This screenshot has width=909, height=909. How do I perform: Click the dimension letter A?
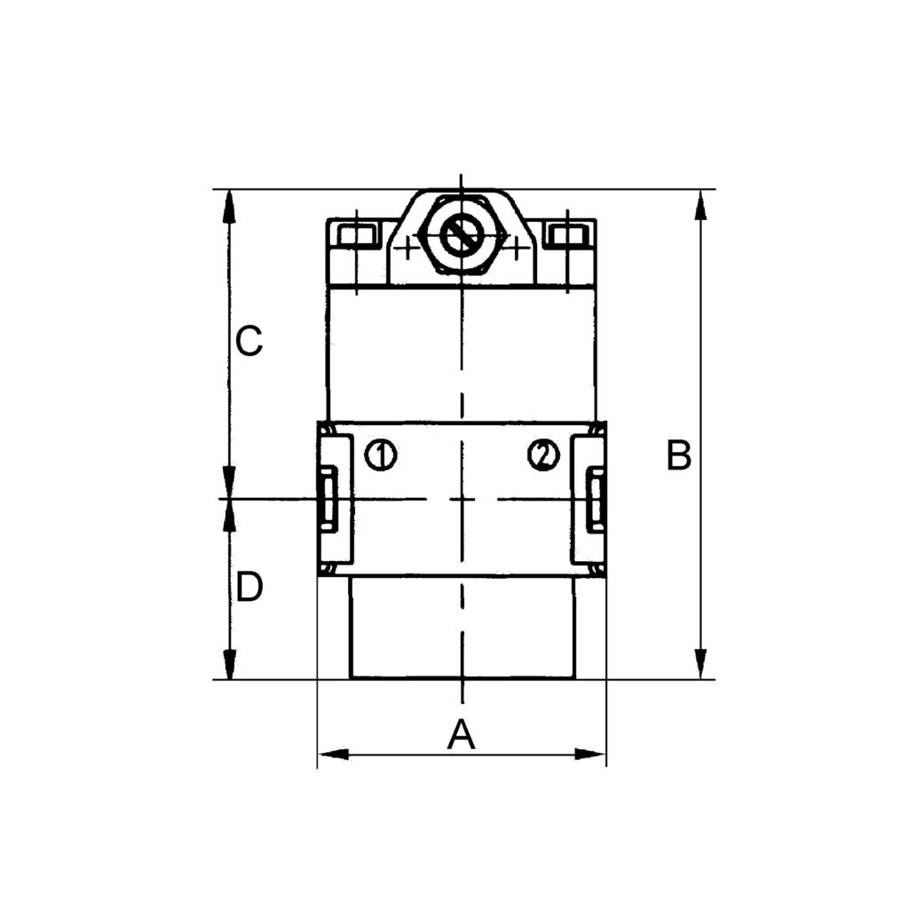461,735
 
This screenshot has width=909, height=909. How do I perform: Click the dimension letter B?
679,456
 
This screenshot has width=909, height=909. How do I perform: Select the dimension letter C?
249,341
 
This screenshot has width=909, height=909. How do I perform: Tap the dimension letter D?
249,588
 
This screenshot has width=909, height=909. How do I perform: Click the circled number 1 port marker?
382,455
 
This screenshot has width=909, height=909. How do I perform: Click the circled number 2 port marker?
543,455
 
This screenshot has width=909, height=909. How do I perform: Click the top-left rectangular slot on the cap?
357,236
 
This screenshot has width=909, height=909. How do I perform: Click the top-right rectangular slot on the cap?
567,236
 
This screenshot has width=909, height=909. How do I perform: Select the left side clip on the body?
329,499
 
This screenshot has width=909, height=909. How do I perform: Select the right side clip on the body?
595,499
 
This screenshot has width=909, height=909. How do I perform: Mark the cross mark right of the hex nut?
516,247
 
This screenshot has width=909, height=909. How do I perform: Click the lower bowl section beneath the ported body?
462,628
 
